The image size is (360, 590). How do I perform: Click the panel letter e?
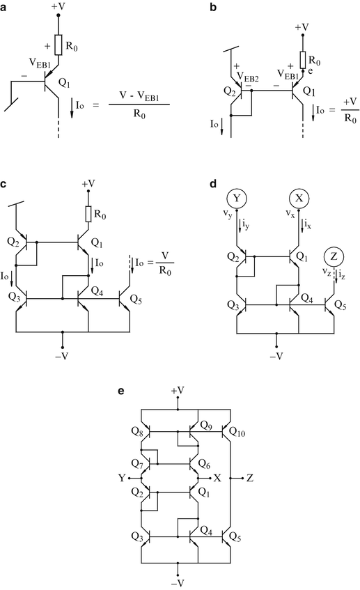coord(122,391)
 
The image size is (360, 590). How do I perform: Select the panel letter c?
coord(6,185)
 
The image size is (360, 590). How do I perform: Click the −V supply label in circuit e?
coord(180,582)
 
